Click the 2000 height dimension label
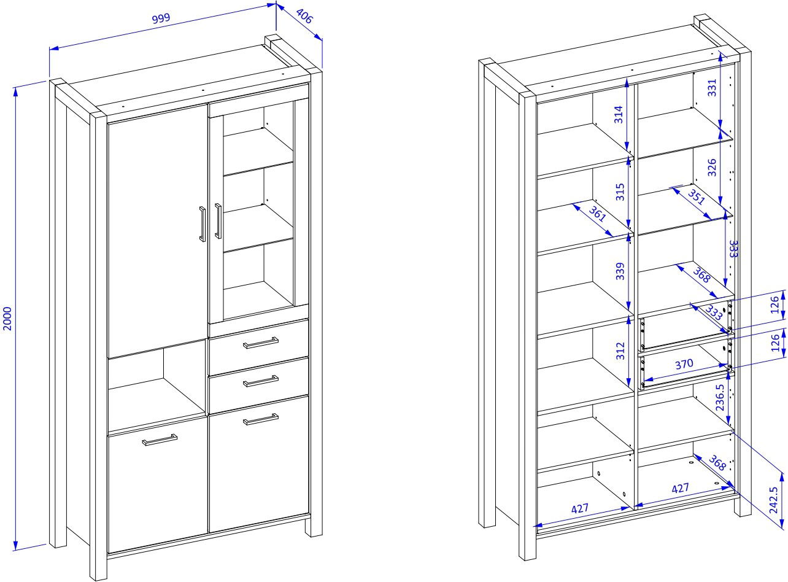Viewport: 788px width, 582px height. point(7,319)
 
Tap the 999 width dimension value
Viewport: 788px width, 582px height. point(161,18)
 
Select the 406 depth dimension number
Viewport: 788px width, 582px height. point(304,16)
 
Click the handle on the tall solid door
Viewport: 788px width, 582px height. point(202,224)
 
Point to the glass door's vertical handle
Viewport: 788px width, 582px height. point(218,221)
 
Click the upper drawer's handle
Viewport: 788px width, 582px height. point(261,343)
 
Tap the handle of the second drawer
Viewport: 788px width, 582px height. point(261,381)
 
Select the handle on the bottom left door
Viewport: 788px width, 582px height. point(160,440)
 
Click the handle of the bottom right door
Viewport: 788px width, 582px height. point(261,419)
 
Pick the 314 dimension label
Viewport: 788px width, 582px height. point(619,114)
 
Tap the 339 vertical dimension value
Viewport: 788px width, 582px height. point(620,271)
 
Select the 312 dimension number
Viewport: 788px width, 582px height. point(620,351)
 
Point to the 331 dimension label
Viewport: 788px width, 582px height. point(713,88)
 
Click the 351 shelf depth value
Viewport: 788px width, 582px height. point(696,197)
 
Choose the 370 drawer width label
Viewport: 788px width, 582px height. point(684,363)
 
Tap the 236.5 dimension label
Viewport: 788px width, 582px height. point(720,397)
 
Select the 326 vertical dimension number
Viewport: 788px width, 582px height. point(712,168)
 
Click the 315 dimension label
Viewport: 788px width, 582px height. point(620,192)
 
